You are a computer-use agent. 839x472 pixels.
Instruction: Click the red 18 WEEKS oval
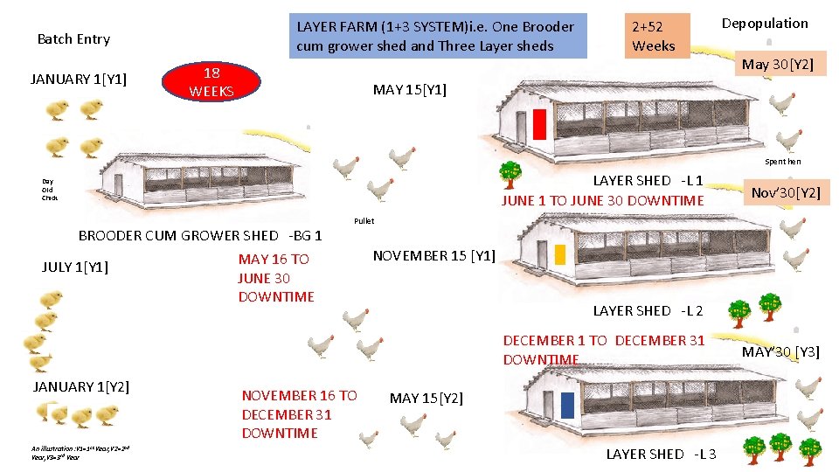(x=211, y=81)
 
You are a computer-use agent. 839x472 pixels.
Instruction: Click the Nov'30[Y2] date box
(x=786, y=191)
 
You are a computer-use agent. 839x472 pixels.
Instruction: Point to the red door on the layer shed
(x=539, y=124)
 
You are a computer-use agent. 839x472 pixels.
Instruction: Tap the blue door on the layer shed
(x=567, y=405)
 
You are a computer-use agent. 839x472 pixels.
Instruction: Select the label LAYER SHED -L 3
(x=661, y=454)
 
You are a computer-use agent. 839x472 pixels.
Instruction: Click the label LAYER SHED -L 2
(x=648, y=310)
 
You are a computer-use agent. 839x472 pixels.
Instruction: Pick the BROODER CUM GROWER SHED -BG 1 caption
(x=200, y=235)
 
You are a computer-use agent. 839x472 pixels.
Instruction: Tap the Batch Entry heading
(x=73, y=39)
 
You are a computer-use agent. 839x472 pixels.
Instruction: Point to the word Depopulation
(x=765, y=24)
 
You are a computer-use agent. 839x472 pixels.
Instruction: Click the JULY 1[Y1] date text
(x=74, y=267)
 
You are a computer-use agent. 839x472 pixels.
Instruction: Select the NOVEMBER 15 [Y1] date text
(x=433, y=255)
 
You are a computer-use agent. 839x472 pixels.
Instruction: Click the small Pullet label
(x=364, y=221)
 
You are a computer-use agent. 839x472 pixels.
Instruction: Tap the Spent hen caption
(x=782, y=162)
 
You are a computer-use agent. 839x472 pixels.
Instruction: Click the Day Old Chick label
(x=49, y=190)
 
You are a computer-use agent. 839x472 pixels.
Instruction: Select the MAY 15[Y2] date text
(x=426, y=398)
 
